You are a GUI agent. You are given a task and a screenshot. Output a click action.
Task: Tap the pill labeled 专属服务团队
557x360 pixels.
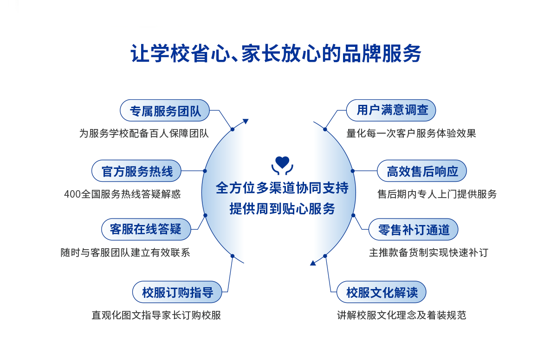pyautogui.click(x=165, y=110)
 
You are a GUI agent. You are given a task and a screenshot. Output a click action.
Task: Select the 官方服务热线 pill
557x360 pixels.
pyautogui.click(x=136, y=171)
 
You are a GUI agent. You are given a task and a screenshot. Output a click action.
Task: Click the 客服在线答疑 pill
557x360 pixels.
pyautogui.click(x=146, y=229)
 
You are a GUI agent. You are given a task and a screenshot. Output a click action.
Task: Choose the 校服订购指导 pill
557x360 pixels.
pyautogui.click(x=177, y=292)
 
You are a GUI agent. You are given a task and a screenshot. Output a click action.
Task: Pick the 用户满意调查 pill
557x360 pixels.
pyautogui.click(x=391, y=110)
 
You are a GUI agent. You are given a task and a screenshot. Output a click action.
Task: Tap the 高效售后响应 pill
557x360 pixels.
pyautogui.click(x=422, y=171)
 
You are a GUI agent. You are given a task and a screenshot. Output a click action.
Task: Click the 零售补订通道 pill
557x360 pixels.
pyautogui.click(x=413, y=229)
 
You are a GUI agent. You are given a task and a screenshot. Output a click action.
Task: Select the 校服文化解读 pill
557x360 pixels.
pyautogui.click(x=382, y=292)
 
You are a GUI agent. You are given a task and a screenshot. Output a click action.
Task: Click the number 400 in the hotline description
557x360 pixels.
pyautogui.click(x=72, y=194)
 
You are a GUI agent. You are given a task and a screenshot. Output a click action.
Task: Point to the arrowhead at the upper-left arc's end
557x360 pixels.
pyautogui.click(x=246, y=121)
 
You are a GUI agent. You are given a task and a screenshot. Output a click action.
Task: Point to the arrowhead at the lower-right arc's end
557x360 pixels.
pyautogui.click(x=313, y=263)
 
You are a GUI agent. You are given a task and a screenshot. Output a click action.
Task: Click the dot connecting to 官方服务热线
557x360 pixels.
pyautogui.click(x=205, y=171)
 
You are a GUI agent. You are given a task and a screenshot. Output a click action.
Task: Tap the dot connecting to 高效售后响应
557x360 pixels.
pyautogui.click(x=353, y=171)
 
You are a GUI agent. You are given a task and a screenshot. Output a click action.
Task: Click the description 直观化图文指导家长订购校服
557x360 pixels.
pyautogui.click(x=156, y=315)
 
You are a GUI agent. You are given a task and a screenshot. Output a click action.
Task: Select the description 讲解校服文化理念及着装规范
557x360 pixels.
pyautogui.click(x=402, y=315)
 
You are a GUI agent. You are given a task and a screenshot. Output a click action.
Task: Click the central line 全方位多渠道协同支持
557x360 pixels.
pyautogui.click(x=282, y=188)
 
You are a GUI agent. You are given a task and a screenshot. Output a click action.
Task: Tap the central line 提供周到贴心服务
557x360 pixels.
pyautogui.click(x=282, y=208)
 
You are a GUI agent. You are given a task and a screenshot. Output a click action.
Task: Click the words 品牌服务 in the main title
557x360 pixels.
pyautogui.click(x=382, y=53)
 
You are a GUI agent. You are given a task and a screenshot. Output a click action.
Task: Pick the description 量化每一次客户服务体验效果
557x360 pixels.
pyautogui.click(x=411, y=134)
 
